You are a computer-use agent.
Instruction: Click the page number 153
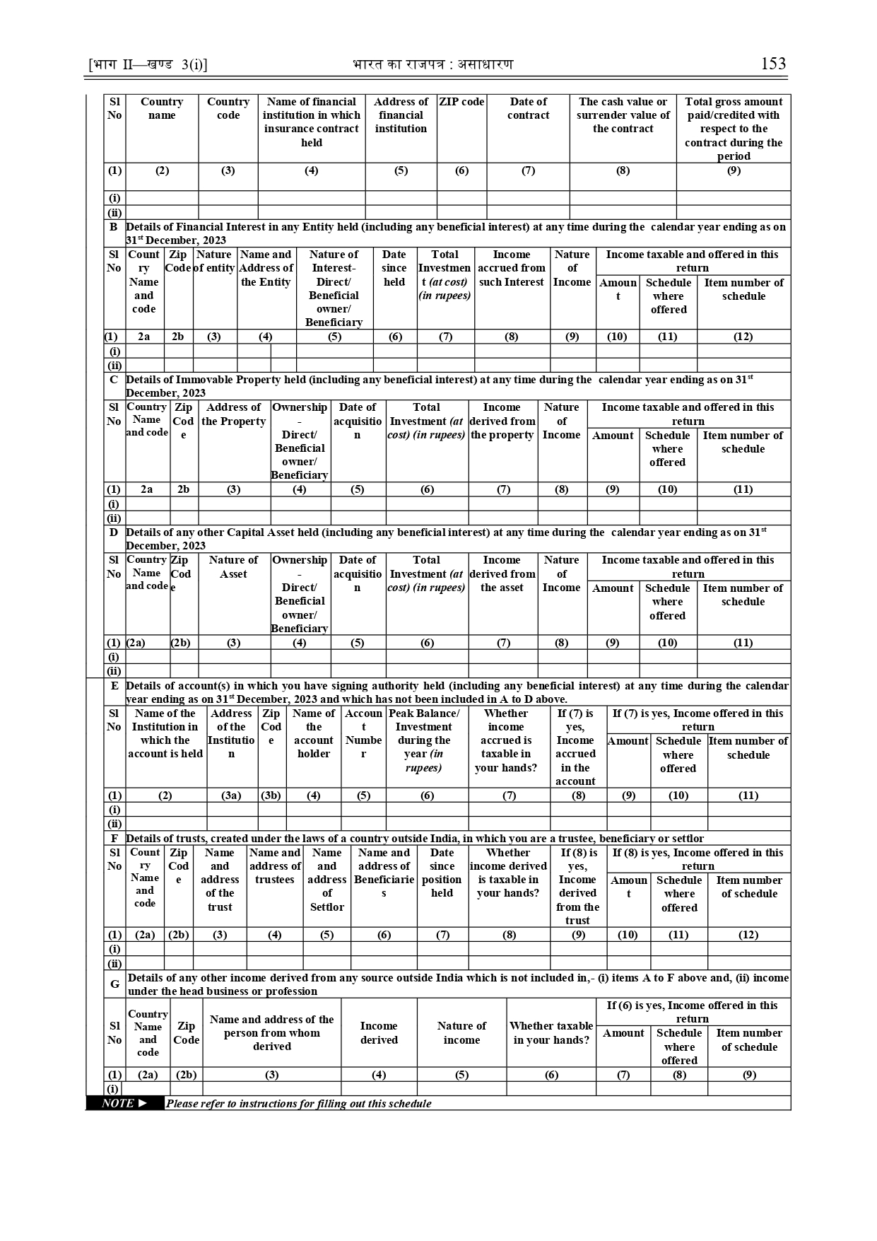(773, 64)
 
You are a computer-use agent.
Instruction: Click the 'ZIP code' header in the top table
(461, 102)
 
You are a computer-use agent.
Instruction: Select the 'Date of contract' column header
(528, 108)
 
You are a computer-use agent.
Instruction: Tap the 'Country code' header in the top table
(228, 108)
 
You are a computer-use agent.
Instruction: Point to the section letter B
(113, 227)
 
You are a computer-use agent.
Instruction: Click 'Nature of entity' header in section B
(215, 261)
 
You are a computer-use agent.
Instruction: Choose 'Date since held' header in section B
(394, 268)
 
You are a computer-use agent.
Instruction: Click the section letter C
(113, 380)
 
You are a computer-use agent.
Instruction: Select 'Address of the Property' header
(234, 414)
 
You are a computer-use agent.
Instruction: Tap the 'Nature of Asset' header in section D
(234, 566)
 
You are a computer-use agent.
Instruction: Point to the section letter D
(113, 532)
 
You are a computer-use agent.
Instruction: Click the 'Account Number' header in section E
(363, 733)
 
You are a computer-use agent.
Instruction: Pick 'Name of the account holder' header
(314, 733)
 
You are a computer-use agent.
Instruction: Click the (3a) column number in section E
(231, 796)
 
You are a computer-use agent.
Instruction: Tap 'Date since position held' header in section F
(442, 873)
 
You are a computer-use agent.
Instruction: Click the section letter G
(114, 984)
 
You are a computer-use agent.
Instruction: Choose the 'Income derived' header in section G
(379, 1033)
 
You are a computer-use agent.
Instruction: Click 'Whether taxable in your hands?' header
(551, 1033)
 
